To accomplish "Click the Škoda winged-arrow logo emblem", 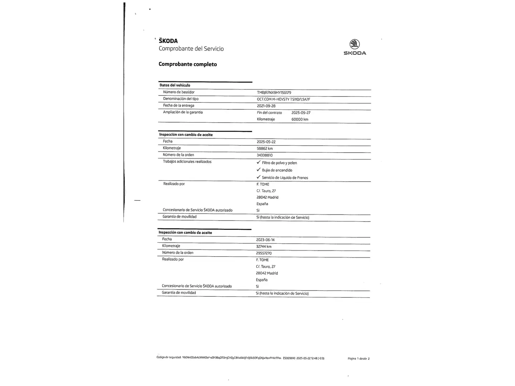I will [354, 44].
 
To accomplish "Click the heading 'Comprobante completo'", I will [188, 64].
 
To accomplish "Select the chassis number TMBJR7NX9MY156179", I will [274, 93].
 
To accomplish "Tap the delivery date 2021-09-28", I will [266, 106].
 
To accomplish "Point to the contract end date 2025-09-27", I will [301, 113].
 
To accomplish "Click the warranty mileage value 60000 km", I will [300, 119].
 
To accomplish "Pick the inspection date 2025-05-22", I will [266, 142].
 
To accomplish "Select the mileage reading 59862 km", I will [265, 148].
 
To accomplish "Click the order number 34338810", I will [265, 155].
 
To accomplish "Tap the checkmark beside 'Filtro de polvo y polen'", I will [259, 162].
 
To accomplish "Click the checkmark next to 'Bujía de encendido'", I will [259, 170].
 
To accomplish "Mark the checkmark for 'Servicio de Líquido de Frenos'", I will [259, 177].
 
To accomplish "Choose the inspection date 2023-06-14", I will [265, 240].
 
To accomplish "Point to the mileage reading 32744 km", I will [264, 246].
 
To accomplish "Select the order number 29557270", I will [264, 253].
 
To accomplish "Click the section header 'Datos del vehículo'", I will [175, 85].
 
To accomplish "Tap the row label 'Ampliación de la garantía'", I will [183, 112].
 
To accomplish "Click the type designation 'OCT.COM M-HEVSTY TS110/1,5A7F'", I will [283, 99].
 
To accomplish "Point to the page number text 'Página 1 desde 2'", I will [358, 358].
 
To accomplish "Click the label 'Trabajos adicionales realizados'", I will [187, 162].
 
